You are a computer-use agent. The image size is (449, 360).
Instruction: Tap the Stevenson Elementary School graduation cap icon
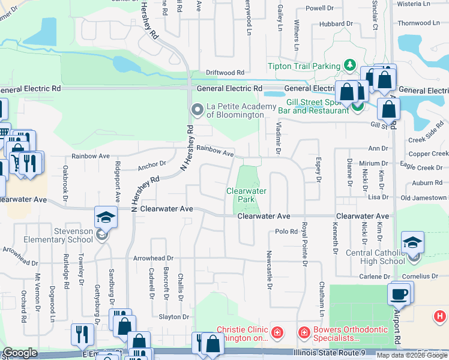point(106,217)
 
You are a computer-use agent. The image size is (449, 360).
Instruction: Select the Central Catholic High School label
point(376,257)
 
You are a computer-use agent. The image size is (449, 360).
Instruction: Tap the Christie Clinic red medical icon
point(277,332)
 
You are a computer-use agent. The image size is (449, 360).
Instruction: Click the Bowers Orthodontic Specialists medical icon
point(304,332)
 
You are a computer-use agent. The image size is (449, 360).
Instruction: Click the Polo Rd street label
point(286,232)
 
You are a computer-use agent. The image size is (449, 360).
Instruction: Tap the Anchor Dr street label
point(151,164)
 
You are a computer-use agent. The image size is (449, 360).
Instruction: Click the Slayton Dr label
point(173,317)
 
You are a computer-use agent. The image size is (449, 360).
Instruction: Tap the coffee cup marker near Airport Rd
point(399,294)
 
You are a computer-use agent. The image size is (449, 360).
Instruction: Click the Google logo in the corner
point(20,353)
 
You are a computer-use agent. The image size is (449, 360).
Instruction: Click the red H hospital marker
point(440,316)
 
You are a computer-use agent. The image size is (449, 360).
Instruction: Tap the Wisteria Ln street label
point(414,4)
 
